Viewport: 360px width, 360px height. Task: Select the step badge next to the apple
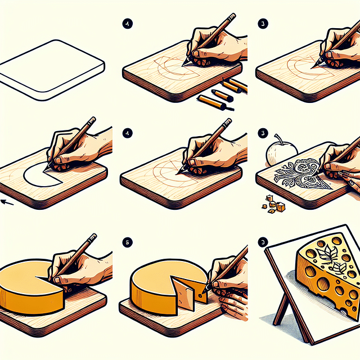coord(262,133)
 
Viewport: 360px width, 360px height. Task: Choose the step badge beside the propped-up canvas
coord(262,242)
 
